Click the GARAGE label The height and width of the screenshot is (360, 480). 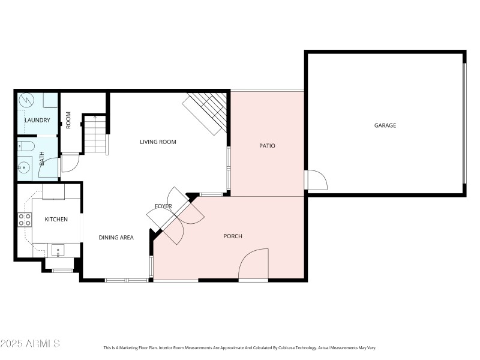coord(385,125)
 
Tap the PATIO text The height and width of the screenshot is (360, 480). coord(267,146)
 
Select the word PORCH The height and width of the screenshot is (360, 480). coord(233,236)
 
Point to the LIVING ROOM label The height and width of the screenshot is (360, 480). coord(158,142)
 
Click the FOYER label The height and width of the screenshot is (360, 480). coord(163,206)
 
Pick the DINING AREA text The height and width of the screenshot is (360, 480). coord(116,238)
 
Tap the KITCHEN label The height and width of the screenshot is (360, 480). coord(56,220)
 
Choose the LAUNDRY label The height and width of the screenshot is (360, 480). coord(37,121)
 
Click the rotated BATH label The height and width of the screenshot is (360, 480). coord(42,158)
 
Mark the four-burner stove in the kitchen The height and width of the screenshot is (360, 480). coord(25,220)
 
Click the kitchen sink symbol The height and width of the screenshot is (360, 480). coord(57,250)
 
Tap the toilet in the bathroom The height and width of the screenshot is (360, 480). coord(26,145)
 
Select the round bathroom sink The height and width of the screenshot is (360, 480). coord(24,166)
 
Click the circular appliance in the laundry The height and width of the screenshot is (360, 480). coord(26,100)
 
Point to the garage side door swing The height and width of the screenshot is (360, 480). coord(314,179)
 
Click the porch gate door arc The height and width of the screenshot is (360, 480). coord(252,264)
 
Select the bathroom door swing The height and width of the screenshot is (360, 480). coord(49,166)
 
